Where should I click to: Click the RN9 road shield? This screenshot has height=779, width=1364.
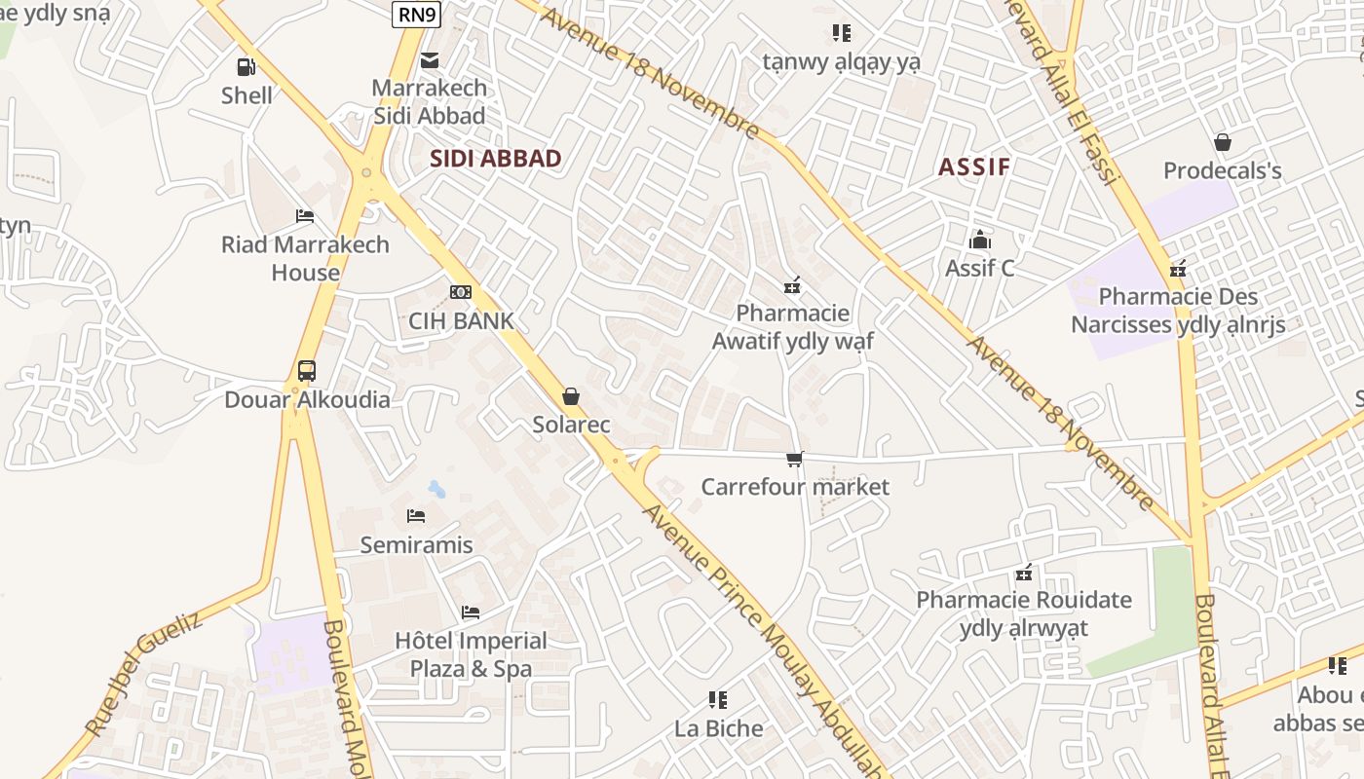pyautogui.click(x=417, y=14)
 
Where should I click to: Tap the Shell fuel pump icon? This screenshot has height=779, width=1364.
pyautogui.click(x=246, y=67)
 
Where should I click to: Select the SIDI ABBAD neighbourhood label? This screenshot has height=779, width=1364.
pyautogui.click(x=496, y=159)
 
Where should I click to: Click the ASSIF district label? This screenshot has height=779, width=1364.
pyautogui.click(x=974, y=167)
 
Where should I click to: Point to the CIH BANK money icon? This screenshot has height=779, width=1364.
pyautogui.click(x=461, y=292)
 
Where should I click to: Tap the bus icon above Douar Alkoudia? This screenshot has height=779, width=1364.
pyautogui.click(x=307, y=371)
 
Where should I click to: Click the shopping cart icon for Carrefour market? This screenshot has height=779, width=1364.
pyautogui.click(x=795, y=459)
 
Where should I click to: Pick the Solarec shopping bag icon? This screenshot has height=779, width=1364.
pyautogui.click(x=571, y=396)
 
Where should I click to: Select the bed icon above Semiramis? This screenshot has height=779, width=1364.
pyautogui.click(x=416, y=516)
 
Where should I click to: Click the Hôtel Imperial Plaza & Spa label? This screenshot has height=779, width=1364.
pyautogui.click(x=471, y=654)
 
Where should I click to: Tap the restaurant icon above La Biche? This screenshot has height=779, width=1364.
pyautogui.click(x=718, y=699)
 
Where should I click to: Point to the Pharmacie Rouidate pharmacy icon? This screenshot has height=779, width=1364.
pyautogui.click(x=1024, y=573)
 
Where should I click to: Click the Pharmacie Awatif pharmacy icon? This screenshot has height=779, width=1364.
pyautogui.click(x=792, y=285)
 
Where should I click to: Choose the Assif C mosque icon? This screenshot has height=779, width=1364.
pyautogui.click(x=979, y=240)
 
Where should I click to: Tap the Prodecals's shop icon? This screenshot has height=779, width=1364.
pyautogui.click(x=1223, y=142)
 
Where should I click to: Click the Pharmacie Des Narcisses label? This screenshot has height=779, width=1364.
pyautogui.click(x=1178, y=311)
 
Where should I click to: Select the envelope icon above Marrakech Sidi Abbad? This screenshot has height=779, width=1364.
pyautogui.click(x=429, y=60)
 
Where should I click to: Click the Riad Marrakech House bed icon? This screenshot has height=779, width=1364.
pyautogui.click(x=305, y=216)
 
